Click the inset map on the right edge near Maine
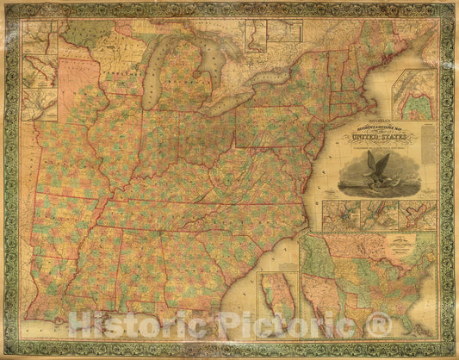pyautogui.click(x=412, y=94)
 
